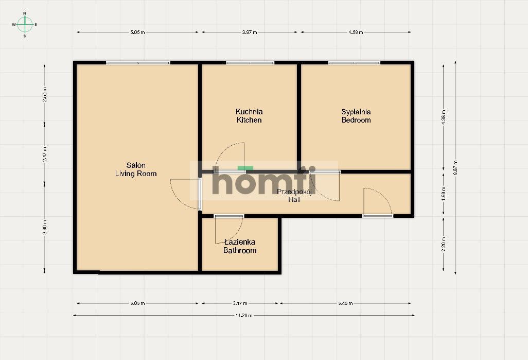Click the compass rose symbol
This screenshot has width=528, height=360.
click(25, 24)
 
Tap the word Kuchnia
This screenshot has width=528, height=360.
click(249, 111)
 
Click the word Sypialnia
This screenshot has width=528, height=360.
click(356, 111)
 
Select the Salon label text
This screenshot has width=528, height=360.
click(135, 165)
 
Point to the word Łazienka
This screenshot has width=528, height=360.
click(240, 242)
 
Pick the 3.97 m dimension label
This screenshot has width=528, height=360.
click(249, 32)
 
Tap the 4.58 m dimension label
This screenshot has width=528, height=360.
click(356, 32)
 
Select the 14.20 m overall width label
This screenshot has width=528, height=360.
click(244, 315)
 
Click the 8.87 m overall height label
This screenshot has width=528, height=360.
click(455, 168)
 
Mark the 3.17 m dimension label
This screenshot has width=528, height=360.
click(240, 303)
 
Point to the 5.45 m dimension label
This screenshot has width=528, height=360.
click(345, 303)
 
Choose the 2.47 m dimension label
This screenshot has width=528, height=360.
click(45, 153)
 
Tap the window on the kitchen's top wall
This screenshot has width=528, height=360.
click(250, 63)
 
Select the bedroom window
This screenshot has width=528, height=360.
click(355, 63)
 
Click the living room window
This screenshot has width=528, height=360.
click(138, 63)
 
